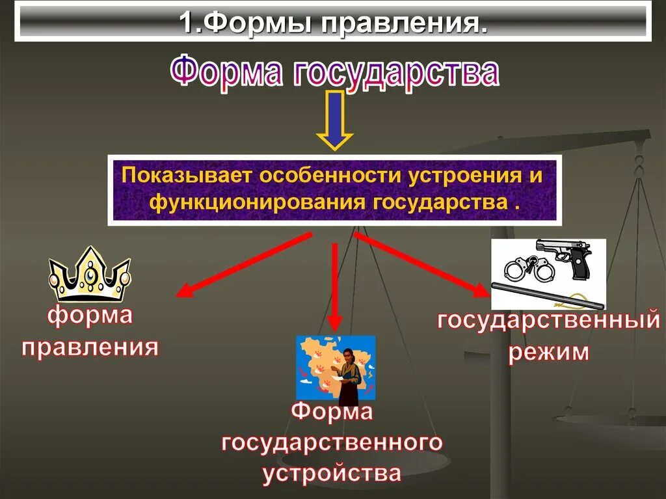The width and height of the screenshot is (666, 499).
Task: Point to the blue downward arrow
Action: (334, 120)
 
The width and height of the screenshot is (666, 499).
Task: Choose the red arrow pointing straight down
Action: (334, 286)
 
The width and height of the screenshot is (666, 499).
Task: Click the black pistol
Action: (565, 255)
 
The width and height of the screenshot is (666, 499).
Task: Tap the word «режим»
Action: (549, 353)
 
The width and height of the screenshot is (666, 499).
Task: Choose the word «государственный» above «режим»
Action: (548, 321)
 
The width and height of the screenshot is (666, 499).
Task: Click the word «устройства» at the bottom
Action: (332, 472)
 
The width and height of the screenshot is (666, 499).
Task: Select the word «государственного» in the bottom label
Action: (332, 443)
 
